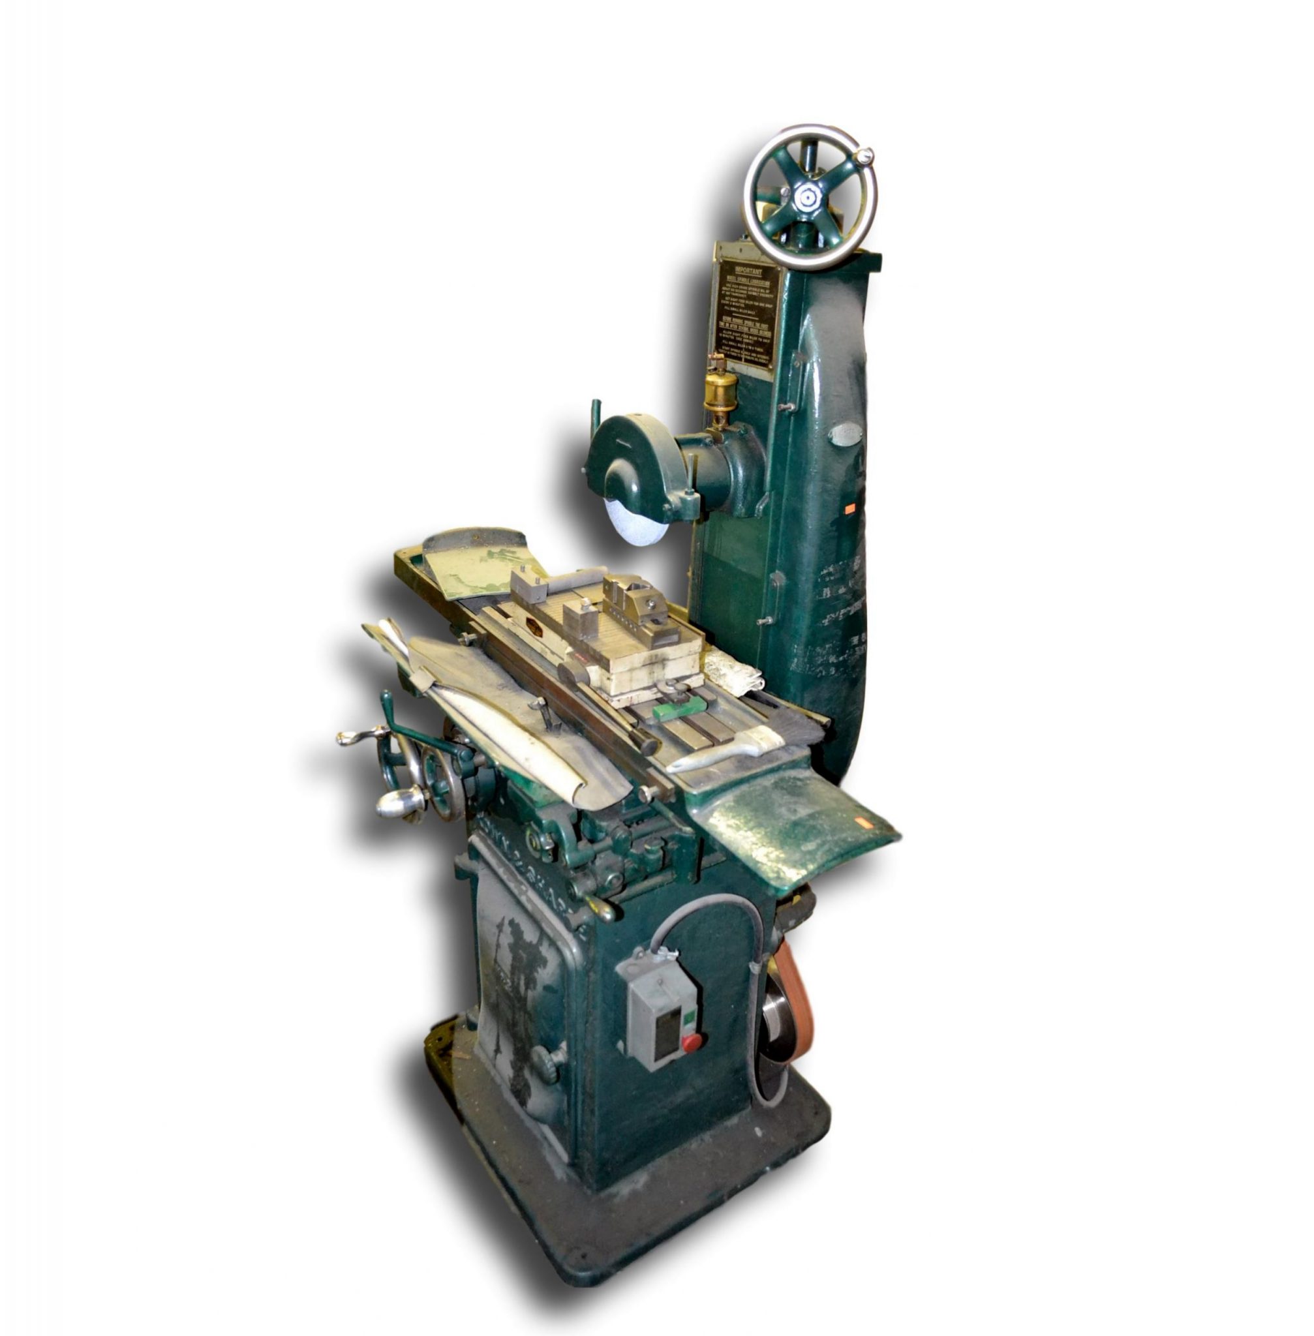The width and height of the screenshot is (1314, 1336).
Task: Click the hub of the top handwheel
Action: click(804, 200)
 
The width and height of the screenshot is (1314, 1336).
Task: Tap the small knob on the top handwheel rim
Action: click(861, 157)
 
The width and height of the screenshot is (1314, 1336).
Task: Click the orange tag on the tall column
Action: click(849, 508)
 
